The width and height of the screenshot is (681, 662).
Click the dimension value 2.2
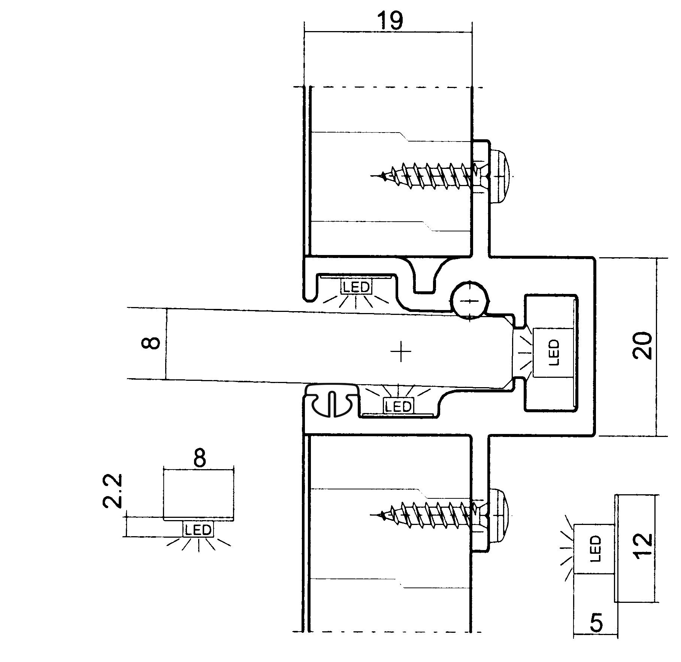[x=112, y=491]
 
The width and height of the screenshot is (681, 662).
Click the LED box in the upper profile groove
[x=356, y=287]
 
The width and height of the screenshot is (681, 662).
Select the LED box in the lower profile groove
[x=398, y=406]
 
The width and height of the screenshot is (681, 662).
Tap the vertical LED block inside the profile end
[x=553, y=353]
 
